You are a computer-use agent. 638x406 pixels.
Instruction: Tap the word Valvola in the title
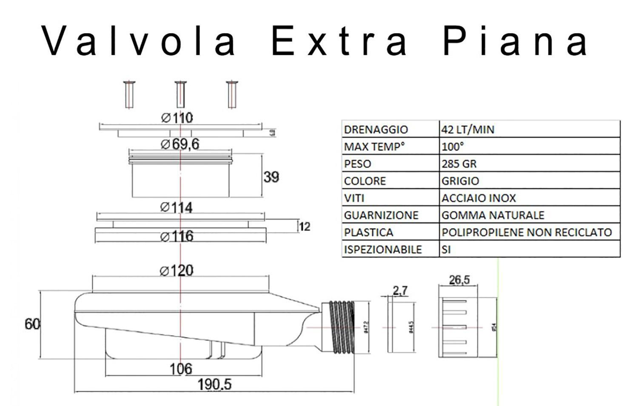(x=139, y=41)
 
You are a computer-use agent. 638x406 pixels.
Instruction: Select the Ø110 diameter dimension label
(x=177, y=118)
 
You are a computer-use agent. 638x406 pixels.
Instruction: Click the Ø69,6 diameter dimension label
(x=180, y=145)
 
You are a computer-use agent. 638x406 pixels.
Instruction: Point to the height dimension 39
(x=271, y=176)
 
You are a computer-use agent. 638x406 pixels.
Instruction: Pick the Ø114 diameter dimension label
(x=177, y=207)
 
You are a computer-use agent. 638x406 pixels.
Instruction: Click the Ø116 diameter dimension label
(x=177, y=236)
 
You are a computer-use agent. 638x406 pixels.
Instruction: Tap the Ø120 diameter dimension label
(x=177, y=270)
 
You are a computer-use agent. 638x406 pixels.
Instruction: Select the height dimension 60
(x=32, y=324)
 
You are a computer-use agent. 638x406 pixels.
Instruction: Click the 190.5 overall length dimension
(x=214, y=385)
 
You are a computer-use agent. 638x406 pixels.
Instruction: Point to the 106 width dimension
(x=181, y=369)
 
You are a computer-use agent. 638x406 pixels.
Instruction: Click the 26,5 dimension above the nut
(x=459, y=280)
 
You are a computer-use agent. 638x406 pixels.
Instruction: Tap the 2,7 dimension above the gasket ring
(x=400, y=290)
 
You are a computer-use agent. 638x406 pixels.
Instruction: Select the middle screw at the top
(x=180, y=94)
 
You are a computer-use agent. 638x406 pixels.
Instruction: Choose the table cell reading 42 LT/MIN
(x=468, y=129)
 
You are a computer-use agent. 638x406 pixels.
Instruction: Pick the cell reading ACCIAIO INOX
(x=478, y=198)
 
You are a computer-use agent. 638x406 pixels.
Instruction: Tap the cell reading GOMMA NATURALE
(x=493, y=215)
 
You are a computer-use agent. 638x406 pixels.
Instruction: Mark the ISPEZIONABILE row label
(x=383, y=250)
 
